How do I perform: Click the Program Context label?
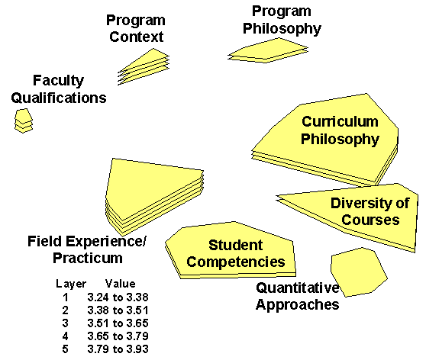click(136, 28)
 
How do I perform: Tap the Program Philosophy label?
click(282, 20)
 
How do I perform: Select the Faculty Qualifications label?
click(59, 89)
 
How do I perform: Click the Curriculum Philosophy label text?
click(340, 130)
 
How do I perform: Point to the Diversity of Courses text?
click(370, 211)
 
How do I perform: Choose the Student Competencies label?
click(236, 253)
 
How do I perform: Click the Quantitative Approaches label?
click(298, 296)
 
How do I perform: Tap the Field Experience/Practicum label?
click(87, 249)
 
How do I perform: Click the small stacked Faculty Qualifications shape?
click(24, 121)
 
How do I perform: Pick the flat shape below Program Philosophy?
click(268, 50)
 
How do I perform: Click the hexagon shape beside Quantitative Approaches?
click(359, 272)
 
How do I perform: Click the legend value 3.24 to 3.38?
click(118, 297)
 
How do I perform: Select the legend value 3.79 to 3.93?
click(118, 349)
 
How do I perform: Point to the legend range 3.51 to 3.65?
click(118, 323)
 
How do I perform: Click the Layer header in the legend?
click(71, 284)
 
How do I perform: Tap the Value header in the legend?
click(121, 284)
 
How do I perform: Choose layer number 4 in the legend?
click(65, 336)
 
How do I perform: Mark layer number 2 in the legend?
click(65, 310)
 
